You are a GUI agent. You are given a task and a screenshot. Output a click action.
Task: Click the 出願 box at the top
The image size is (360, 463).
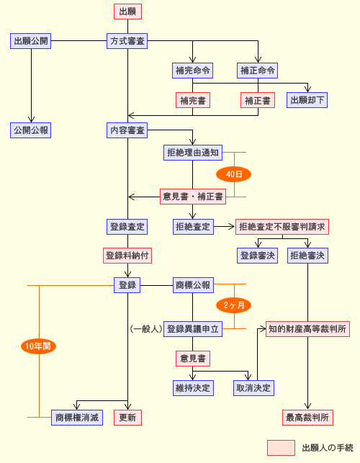(127, 12)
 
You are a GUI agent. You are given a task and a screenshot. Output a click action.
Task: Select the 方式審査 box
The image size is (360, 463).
(127, 41)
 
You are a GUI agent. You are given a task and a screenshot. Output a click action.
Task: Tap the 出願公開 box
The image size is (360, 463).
(31, 41)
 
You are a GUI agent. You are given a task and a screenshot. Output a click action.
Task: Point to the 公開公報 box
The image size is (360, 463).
(31, 130)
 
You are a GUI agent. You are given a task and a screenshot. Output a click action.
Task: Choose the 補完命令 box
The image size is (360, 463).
(192, 71)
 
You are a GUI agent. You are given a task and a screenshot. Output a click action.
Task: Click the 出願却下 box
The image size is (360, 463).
(307, 100)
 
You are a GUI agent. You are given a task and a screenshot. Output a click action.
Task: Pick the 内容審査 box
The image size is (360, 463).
(127, 130)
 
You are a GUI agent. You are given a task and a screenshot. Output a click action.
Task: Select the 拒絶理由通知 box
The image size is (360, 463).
(193, 153)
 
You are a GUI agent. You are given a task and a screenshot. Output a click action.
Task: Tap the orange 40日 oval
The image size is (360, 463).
(233, 174)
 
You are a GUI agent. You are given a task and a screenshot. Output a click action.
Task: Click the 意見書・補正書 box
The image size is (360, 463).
(193, 197)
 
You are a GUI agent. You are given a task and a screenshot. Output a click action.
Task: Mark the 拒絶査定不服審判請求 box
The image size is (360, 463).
(282, 227)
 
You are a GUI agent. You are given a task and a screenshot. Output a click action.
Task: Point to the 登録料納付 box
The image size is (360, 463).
(127, 256)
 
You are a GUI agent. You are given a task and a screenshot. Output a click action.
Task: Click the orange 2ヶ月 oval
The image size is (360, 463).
(233, 305)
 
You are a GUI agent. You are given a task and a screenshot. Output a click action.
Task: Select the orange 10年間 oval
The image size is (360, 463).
(38, 346)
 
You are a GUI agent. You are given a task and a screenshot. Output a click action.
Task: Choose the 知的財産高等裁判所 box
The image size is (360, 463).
(307, 329)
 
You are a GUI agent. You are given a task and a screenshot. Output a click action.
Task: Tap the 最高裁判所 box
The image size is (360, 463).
(307, 418)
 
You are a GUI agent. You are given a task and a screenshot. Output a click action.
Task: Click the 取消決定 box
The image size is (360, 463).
(253, 388)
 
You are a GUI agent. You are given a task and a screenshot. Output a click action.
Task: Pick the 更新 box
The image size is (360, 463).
(127, 418)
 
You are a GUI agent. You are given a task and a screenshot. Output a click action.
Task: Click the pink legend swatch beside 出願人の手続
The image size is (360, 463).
(281, 448)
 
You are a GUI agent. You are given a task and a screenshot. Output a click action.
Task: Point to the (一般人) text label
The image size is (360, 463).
(146, 329)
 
